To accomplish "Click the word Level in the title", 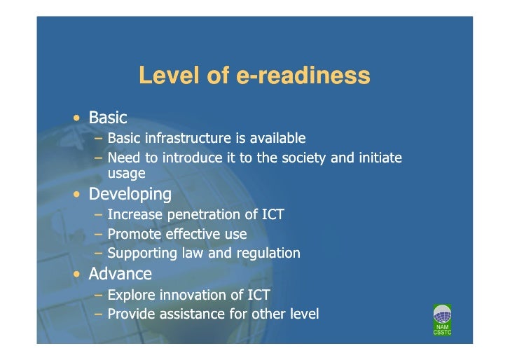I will [163, 75].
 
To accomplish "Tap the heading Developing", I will [130, 194].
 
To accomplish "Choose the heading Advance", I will [120, 273].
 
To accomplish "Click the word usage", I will [126, 172].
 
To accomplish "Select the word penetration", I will [198, 214].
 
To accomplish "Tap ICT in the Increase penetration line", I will [270, 214].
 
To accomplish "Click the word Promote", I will [132, 234].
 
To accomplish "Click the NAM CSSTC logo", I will [443, 319].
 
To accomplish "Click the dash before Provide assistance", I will [99, 314].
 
